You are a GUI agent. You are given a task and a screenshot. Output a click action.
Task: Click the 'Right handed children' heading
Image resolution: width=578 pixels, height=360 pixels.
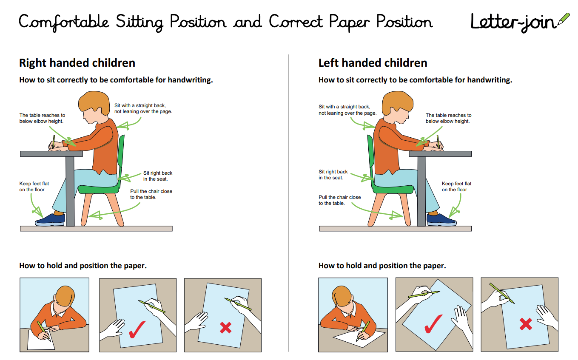pyautogui.click(x=77, y=63)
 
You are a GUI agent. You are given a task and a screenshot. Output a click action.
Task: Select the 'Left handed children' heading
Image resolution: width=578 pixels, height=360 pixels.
pyautogui.click(x=373, y=63)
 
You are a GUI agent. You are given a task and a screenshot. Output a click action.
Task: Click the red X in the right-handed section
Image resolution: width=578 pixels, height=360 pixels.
pyautogui.click(x=225, y=327)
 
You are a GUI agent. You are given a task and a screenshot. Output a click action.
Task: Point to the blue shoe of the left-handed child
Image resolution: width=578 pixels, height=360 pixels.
pyautogui.click(x=441, y=220)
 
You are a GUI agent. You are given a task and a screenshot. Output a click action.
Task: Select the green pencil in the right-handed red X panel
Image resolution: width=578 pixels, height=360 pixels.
pyautogui.click(x=238, y=304)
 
